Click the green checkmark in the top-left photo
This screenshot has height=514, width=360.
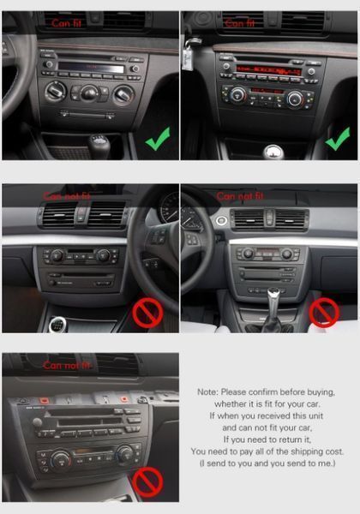click(x=157, y=137)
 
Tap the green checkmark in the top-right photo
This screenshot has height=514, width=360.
click(x=338, y=137)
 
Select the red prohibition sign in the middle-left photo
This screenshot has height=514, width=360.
click(x=147, y=313)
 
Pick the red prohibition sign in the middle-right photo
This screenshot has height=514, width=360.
click(x=324, y=312)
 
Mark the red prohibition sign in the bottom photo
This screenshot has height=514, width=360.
click(x=147, y=482)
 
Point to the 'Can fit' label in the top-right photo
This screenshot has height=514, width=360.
click(x=239, y=24)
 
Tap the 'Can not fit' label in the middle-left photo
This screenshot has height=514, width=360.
click(x=67, y=196)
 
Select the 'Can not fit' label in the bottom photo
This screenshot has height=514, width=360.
click(x=67, y=366)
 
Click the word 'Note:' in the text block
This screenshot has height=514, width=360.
click(x=208, y=391)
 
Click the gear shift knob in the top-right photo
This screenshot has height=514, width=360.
click(x=273, y=152)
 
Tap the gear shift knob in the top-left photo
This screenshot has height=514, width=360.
click(x=99, y=143)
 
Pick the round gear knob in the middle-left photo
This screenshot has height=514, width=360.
click(x=58, y=326)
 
